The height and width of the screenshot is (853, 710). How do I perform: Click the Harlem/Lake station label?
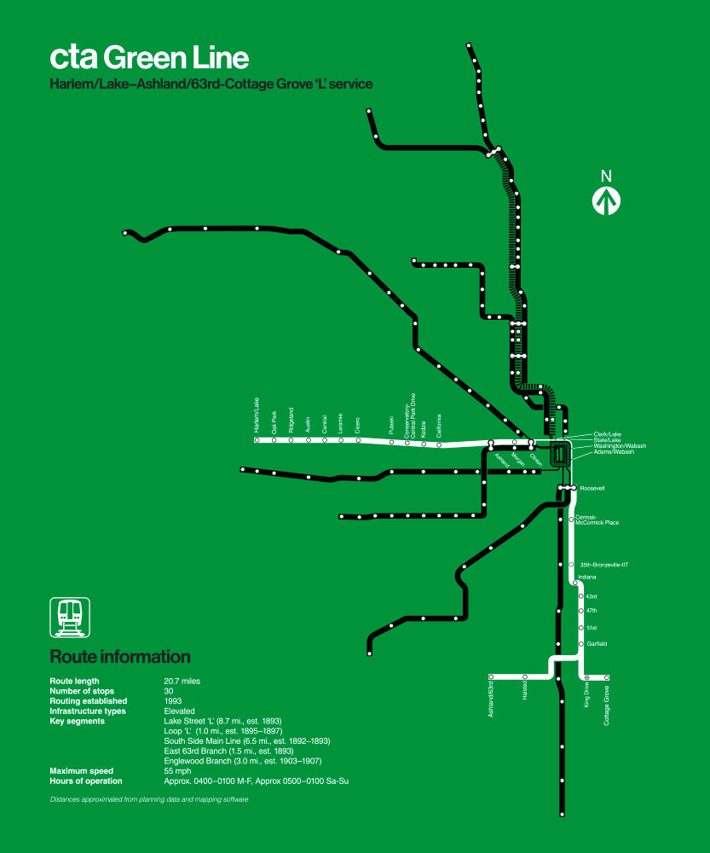(256, 415)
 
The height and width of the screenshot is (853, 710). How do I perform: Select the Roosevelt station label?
(592, 489)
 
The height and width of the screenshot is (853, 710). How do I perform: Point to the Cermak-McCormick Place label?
(597, 519)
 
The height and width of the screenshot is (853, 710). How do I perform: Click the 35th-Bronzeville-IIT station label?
(603, 565)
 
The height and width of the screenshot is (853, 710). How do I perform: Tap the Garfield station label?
(597, 644)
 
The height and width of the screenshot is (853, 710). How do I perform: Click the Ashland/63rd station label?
(492, 699)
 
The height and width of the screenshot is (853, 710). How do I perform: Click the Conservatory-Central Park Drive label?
(410, 415)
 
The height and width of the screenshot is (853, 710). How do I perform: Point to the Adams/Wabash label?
(614, 452)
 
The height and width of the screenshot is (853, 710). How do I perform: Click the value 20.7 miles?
(182, 681)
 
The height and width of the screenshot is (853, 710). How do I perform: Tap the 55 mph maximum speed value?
(177, 771)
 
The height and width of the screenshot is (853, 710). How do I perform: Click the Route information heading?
(120, 657)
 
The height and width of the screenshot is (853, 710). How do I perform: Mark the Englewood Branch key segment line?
(248, 761)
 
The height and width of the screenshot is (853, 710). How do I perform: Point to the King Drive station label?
(586, 696)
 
